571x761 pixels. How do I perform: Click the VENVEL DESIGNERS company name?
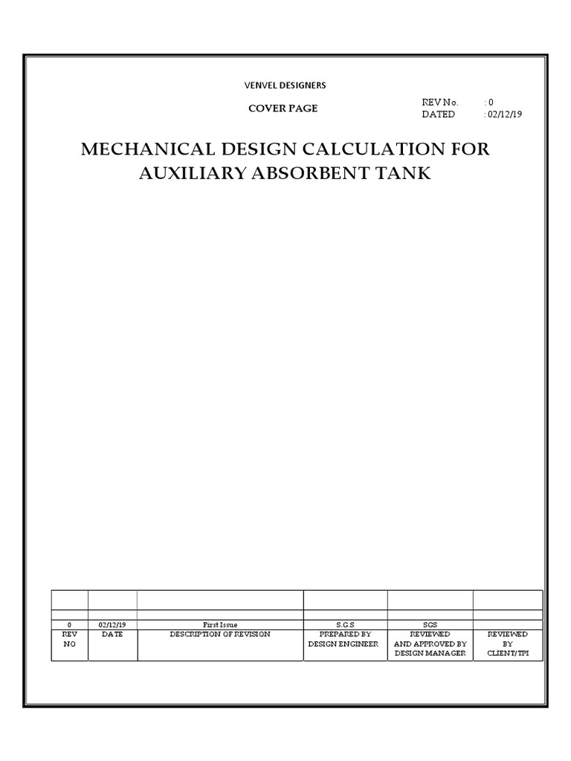pyautogui.click(x=285, y=85)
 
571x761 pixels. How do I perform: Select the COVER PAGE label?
pyautogui.click(x=283, y=109)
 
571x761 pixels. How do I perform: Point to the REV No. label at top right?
pyautogui.click(x=440, y=103)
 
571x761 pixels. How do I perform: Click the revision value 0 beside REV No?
pyautogui.click(x=491, y=103)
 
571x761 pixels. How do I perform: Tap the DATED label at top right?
pyautogui.click(x=438, y=114)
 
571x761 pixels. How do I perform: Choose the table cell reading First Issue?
pyautogui.click(x=220, y=625)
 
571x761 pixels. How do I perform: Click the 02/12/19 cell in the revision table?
pyautogui.click(x=112, y=625)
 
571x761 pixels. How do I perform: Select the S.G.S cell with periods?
pyautogui.click(x=345, y=625)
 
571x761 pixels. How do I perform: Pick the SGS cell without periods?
pyautogui.click(x=430, y=625)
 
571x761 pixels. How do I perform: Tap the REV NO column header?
pyautogui.click(x=70, y=639)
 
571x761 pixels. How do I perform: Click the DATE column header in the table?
pyautogui.click(x=112, y=635)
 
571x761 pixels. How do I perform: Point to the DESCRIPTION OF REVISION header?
pyautogui.click(x=220, y=635)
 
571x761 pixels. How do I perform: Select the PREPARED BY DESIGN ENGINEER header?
pyautogui.click(x=345, y=639)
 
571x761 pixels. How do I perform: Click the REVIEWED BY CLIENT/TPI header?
pyautogui.click(x=508, y=644)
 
